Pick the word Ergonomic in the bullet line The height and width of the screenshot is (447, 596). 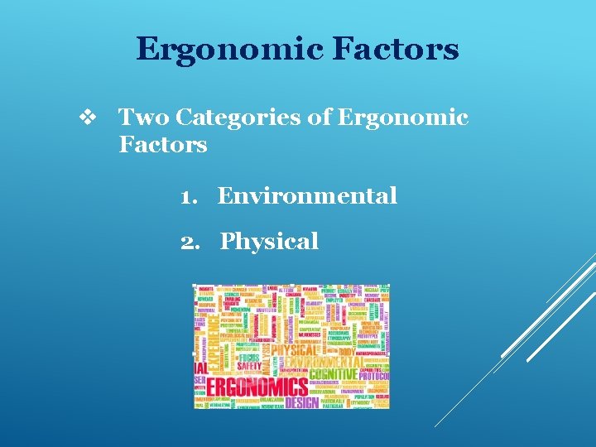pyautogui.click(x=402, y=118)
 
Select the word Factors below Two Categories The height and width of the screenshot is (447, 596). pyautogui.click(x=162, y=145)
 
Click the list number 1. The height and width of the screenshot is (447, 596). pyautogui.click(x=189, y=196)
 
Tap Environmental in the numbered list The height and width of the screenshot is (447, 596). pyautogui.click(x=307, y=196)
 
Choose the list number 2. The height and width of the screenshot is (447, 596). pyautogui.click(x=190, y=242)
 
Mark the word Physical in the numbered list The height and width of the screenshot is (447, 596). pyautogui.click(x=269, y=242)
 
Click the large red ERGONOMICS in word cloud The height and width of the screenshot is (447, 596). pyautogui.click(x=257, y=387)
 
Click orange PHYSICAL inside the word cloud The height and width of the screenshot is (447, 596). pyautogui.click(x=294, y=348)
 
